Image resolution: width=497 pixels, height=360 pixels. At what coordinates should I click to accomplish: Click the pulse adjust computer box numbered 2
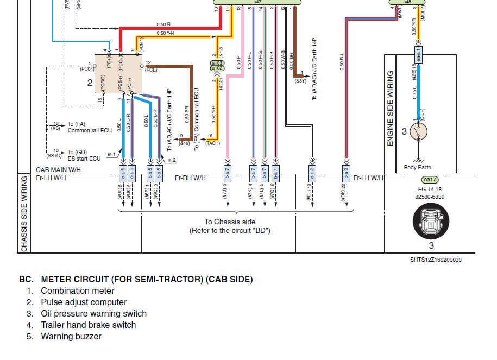point(118,73)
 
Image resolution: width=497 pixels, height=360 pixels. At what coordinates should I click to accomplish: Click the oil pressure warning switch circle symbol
point(418,131)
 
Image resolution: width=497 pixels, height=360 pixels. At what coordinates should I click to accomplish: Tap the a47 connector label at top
point(257,2)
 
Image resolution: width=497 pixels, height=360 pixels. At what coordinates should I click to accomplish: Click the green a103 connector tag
point(217,64)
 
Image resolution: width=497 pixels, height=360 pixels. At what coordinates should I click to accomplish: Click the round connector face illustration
point(430,224)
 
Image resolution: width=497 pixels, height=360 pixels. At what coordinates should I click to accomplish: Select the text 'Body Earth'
point(418,168)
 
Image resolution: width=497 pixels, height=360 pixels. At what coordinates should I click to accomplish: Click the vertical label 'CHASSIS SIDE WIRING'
point(24,213)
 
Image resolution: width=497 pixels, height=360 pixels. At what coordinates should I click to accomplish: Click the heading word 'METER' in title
point(57,280)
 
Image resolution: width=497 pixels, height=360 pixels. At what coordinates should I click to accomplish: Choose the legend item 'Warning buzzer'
point(71,337)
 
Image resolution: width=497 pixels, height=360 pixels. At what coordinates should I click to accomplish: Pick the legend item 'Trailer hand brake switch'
point(88,325)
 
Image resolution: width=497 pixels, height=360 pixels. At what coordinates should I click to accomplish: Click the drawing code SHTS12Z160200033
point(436,260)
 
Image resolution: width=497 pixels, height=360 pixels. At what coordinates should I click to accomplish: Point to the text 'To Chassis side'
point(230,222)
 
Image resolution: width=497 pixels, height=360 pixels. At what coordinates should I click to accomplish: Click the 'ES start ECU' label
point(84,159)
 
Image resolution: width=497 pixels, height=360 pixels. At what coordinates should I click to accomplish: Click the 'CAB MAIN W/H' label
point(58,170)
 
